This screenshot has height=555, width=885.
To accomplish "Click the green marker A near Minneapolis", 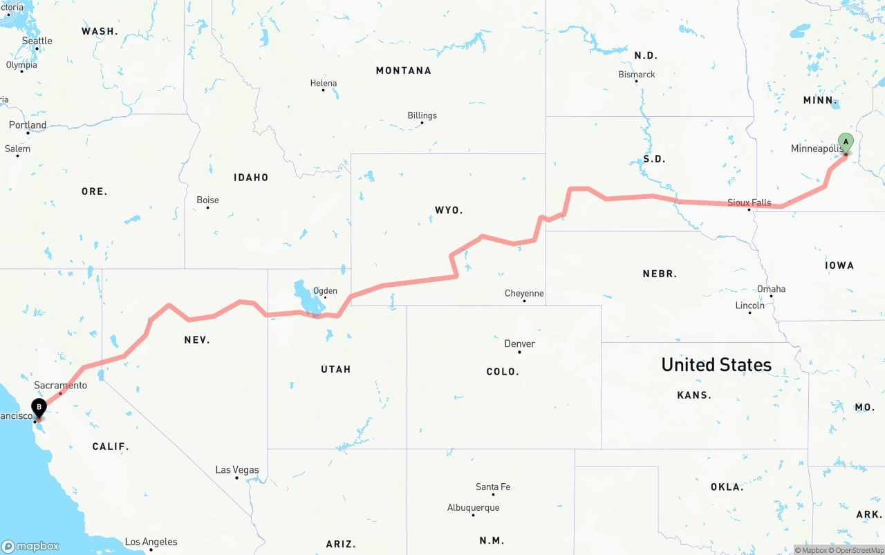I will [846, 142].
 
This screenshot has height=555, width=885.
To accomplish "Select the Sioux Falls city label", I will [749, 203].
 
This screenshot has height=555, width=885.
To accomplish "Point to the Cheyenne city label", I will [524, 293].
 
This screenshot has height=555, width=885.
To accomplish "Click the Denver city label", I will [519, 344].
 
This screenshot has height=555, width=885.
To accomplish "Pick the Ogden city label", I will [325, 291].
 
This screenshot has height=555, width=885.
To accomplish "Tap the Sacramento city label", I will [61, 385].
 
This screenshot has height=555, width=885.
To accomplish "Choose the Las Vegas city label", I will [237, 470].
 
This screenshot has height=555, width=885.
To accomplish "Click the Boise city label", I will [207, 200].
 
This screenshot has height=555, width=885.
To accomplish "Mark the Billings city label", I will [422, 115].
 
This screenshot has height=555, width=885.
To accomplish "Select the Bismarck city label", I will [637, 75].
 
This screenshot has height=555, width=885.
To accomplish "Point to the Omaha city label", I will [771, 289].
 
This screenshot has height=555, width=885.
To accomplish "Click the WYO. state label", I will [449, 210].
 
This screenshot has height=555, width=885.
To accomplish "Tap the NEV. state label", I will [197, 340].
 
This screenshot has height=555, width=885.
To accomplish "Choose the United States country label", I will [716, 365].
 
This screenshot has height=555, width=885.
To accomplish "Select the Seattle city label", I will [37, 41].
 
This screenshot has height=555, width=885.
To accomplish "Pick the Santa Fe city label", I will [493, 487].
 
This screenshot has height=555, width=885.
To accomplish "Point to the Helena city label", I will [323, 84].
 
